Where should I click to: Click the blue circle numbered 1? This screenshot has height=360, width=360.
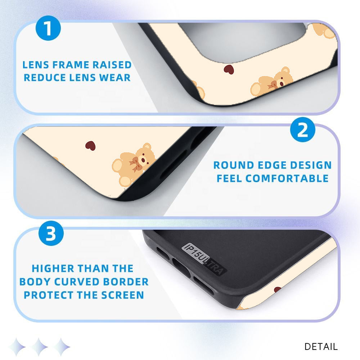click(x=48, y=28)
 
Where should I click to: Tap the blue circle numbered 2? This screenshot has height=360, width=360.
click(x=303, y=130)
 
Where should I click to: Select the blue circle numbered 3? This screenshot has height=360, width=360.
click(x=51, y=233)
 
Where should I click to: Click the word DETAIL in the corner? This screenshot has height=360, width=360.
click(x=321, y=346)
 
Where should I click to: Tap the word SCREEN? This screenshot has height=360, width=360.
click(x=123, y=295)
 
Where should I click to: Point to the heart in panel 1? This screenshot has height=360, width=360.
click(x=229, y=69)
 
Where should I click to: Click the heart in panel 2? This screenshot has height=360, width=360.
click(x=90, y=145)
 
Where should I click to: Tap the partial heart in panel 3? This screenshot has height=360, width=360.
click(x=278, y=289)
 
